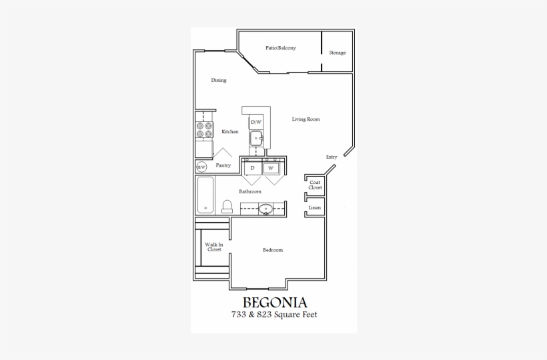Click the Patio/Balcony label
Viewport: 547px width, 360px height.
(x=280, y=48)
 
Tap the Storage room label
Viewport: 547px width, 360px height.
(x=337, y=53)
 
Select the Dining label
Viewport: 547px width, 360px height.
(x=219, y=80)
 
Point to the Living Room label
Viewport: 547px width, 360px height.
(x=306, y=119)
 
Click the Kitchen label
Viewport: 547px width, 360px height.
(x=230, y=131)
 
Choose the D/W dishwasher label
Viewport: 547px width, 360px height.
(x=256, y=123)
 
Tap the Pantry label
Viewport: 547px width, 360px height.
(x=223, y=165)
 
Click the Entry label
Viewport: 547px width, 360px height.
(x=332, y=157)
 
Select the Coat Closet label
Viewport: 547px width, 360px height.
(x=315, y=185)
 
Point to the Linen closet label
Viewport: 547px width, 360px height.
(x=315, y=208)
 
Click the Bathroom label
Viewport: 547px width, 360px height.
(x=250, y=191)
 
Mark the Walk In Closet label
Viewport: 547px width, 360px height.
(x=214, y=247)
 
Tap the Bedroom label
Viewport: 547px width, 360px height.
(x=272, y=250)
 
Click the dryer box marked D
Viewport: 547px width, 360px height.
(x=253, y=168)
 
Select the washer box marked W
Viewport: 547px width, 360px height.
(x=271, y=168)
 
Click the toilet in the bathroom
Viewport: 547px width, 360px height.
(x=227, y=206)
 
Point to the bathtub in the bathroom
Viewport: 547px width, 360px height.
(x=205, y=194)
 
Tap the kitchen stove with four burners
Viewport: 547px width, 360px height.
(x=203, y=129)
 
